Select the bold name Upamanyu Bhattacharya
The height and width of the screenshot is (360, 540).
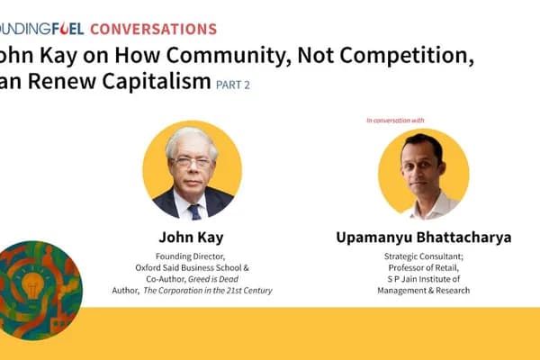(x=422, y=238)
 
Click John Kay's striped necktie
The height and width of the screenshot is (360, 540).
(x=193, y=211)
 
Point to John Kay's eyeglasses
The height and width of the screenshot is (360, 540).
(x=192, y=162)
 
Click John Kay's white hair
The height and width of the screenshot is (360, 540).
(x=191, y=139)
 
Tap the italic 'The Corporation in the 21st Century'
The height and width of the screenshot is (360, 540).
(x=224, y=291)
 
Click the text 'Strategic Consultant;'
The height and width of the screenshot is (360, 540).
(x=421, y=256)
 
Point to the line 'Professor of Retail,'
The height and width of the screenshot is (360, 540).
(x=421, y=267)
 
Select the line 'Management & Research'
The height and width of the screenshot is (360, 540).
(x=421, y=291)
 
